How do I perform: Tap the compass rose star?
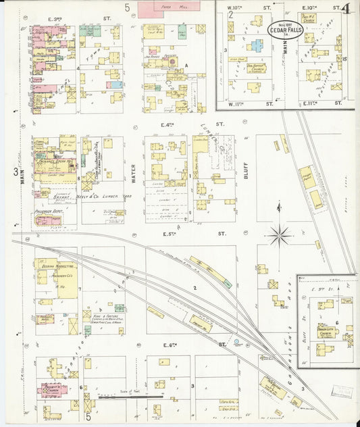tap(280, 236)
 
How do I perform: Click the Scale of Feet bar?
tap(122, 397)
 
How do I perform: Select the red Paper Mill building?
tap(163, 9)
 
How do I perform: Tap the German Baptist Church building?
tap(255, 68)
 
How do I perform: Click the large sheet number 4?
tap(346, 9)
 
